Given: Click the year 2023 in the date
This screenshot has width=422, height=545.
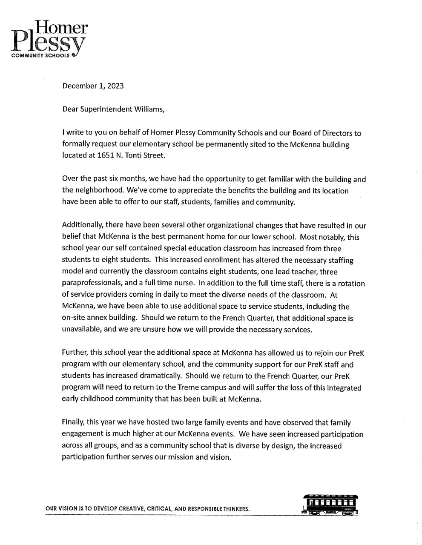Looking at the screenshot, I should click(x=115, y=86).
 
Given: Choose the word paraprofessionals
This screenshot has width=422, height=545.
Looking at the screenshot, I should click(x=90, y=283).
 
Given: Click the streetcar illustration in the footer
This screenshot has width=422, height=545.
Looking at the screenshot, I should click(x=329, y=505).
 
